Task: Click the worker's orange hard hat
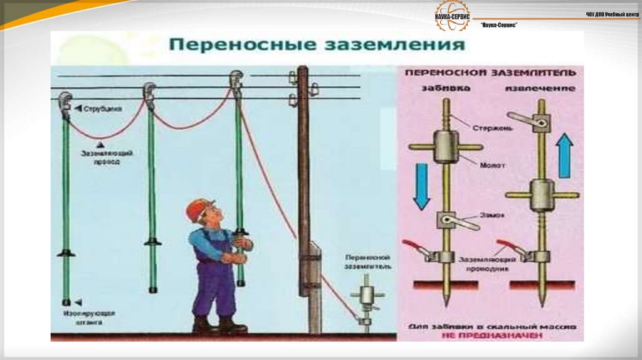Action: [x=200, y=208]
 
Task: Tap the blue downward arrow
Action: [x=421, y=186]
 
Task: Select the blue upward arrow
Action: [x=566, y=156]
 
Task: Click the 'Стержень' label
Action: [x=495, y=127]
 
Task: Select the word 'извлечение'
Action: [x=540, y=88]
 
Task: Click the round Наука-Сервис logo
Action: [x=453, y=15]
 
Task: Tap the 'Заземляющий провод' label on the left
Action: [x=100, y=157]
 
